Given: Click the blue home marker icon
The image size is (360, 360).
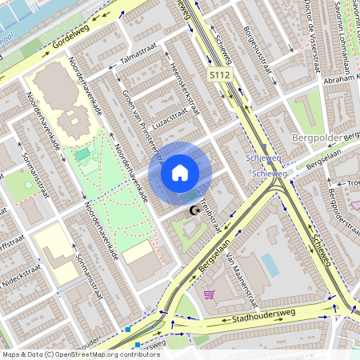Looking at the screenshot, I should [x=180, y=172].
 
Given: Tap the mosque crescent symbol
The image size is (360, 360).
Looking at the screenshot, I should [x=193, y=210].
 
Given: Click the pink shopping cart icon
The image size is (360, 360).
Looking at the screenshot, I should [x=210, y=295].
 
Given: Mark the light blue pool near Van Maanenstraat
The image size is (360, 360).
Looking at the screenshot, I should [x=270, y=264].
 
